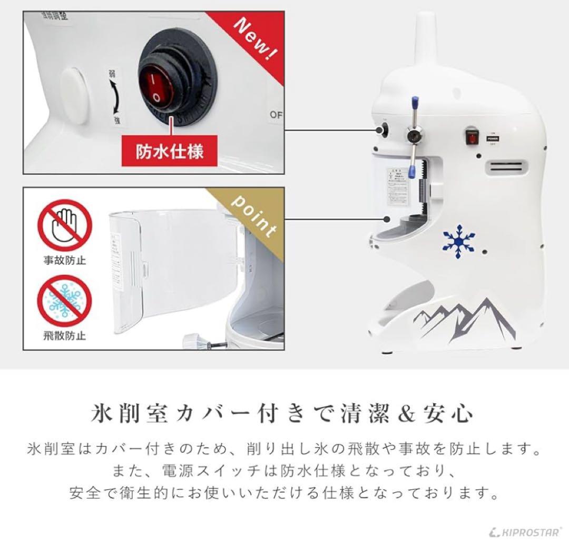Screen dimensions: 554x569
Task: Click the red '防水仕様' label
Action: tap(170, 151)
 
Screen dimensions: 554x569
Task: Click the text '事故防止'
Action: tap(65, 261)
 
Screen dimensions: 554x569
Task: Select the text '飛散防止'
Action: tap(65, 335)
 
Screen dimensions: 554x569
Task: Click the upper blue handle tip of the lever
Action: tap(415, 102)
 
